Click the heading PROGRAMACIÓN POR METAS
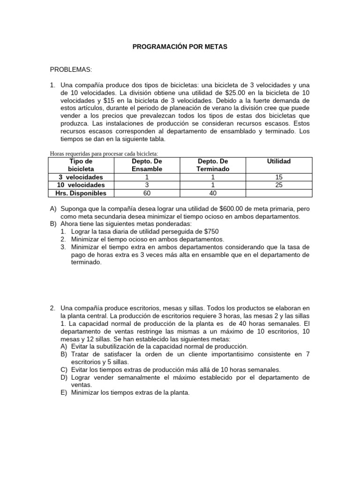pos(180,47)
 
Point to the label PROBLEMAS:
pos(71,70)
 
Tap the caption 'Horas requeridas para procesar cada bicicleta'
pos(104,154)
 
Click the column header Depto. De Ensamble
pos(147,165)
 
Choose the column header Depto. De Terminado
pos(213,165)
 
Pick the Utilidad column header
pos(279,161)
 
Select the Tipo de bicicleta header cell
pos(81,165)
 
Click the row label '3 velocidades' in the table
pos(81,177)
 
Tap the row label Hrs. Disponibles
pos(81,193)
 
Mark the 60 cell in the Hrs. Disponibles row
pos(147,193)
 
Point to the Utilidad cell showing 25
pos(279,185)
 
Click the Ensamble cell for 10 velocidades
pos(147,185)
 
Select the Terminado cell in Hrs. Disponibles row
pos(213,193)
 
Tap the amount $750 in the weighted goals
pos(209,231)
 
